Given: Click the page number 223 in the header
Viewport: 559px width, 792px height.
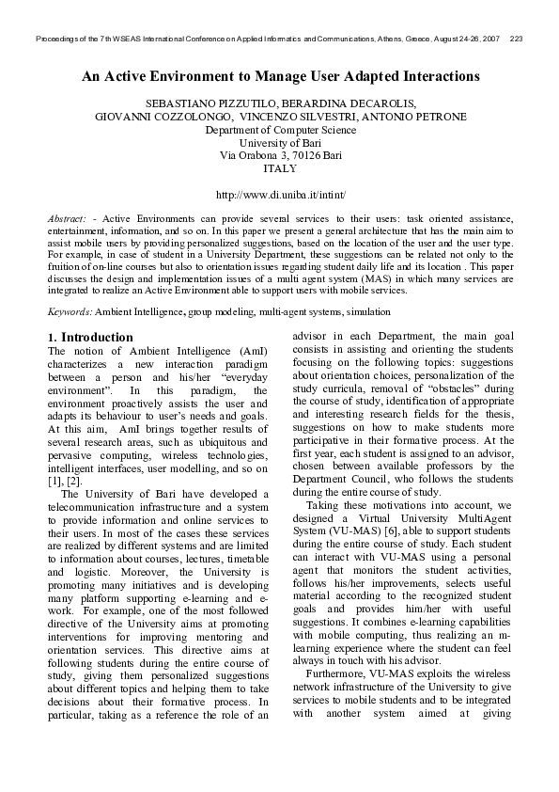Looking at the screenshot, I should [x=516, y=40].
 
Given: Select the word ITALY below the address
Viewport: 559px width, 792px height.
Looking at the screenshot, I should [x=280, y=169].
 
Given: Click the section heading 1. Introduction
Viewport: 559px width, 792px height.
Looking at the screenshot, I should [x=90, y=337].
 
